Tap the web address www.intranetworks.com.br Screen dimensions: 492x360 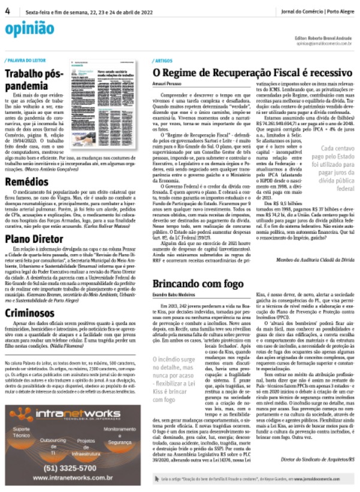[72, 478]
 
